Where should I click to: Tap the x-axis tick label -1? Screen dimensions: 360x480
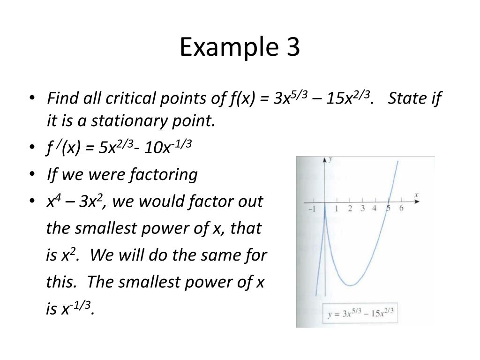point(312,210)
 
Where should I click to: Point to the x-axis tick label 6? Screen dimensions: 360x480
point(401,209)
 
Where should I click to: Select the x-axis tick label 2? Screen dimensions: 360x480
point(350,209)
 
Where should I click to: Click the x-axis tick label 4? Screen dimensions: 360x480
point(374,209)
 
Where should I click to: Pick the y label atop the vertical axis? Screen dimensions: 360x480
point(330,159)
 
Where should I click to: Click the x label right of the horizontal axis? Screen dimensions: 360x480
point(416,194)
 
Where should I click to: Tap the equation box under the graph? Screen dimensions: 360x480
point(360,314)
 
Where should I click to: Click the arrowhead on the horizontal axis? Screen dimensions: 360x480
point(417,202)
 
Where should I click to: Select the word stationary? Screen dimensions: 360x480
point(141,121)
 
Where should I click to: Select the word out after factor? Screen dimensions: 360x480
point(251,202)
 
